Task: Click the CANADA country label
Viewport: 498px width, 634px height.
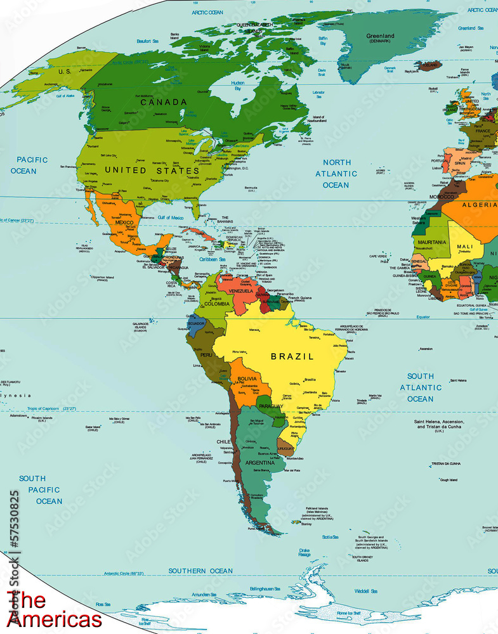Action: click(164, 102)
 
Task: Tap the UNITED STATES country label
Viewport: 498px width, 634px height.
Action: click(152, 171)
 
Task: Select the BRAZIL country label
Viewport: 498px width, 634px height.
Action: click(292, 356)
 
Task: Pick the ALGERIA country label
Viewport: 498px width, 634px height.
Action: click(479, 205)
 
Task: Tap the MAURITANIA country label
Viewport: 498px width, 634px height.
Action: click(431, 242)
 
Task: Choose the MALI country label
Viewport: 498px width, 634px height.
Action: click(464, 247)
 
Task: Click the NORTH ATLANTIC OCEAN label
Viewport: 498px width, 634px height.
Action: click(336, 174)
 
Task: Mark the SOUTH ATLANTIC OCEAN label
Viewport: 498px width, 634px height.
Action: click(421, 387)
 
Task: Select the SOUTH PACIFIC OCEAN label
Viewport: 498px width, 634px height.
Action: click(40, 489)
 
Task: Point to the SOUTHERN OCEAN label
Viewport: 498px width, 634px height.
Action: click(200, 571)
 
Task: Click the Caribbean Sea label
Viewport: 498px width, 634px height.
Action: click(212, 259)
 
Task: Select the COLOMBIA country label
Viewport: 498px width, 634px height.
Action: click(216, 304)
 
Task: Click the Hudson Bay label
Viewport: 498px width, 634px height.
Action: click(237, 86)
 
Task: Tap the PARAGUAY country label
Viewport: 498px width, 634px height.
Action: click(272, 406)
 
